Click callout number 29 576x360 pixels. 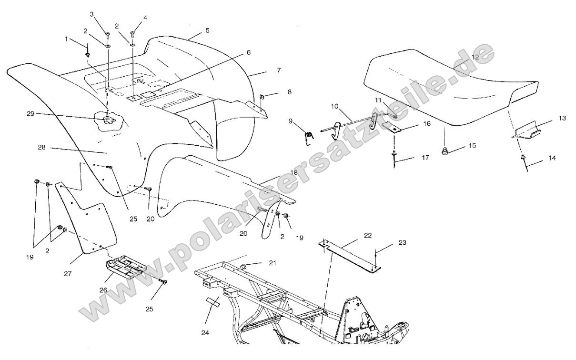pos(30,114)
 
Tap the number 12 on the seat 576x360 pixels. pos(475,57)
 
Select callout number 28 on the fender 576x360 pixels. pos(41,148)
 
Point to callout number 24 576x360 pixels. pos(205,333)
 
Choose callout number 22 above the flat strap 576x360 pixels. pos(368,235)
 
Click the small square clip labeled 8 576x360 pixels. pos(262,97)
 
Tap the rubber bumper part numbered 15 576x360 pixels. pos(444,151)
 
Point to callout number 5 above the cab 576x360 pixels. pos(208,30)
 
